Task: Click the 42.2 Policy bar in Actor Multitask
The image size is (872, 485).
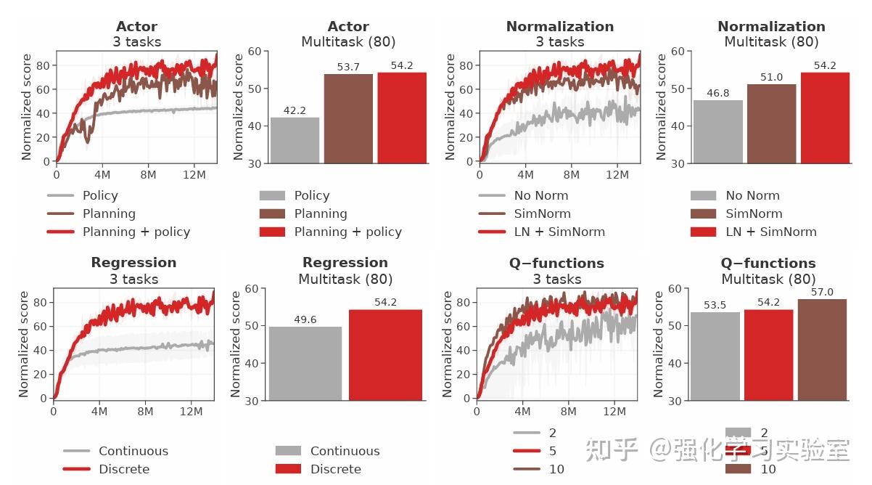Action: point(295,139)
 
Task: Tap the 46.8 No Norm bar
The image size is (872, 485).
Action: point(718,131)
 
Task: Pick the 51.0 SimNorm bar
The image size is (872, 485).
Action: point(772,123)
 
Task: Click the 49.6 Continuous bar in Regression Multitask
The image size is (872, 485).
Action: point(305,363)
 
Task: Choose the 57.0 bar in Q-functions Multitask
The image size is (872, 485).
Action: point(822,349)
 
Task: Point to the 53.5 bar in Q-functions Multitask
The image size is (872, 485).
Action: point(715,356)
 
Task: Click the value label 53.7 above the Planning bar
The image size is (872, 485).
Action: point(348,67)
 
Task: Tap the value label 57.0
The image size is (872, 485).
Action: point(822,292)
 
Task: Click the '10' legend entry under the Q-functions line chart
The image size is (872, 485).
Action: point(556,469)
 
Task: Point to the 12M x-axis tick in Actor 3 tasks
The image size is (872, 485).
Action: point(194,175)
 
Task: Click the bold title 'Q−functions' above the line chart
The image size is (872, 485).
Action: point(557,262)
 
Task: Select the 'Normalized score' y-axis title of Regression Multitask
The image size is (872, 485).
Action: point(235,344)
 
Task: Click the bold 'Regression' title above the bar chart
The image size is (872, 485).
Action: point(345,262)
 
